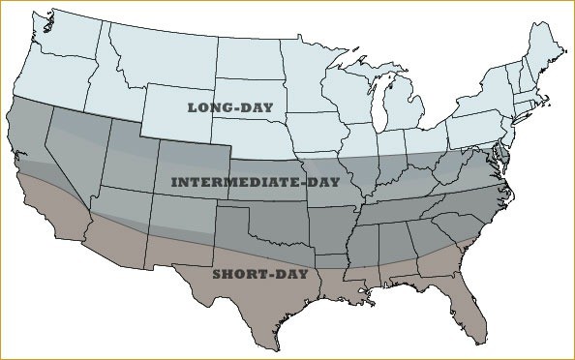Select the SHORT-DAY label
pos(259,274)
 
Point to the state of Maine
pos(548,48)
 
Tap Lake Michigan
pos(385,106)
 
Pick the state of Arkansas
pos(339,225)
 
